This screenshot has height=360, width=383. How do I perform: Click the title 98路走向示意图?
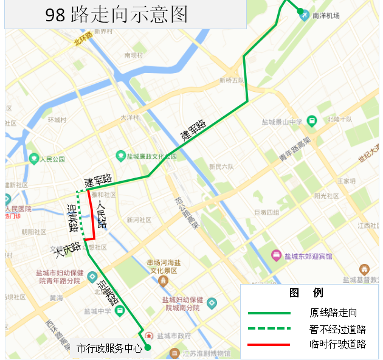pyautogui.click(x=117, y=15)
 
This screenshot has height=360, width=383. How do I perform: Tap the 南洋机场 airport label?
pyautogui.click(x=326, y=16)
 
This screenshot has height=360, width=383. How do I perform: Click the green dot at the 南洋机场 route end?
pyautogui.click(x=300, y=10)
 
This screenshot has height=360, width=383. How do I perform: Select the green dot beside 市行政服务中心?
pyautogui.click(x=147, y=348)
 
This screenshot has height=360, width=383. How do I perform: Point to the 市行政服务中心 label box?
pyautogui.click(x=109, y=348)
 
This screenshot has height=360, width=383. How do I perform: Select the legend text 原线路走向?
pyautogui.click(x=333, y=313)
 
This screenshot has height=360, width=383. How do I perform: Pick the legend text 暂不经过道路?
pyautogui.click(x=337, y=329)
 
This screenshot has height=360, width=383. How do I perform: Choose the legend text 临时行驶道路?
pyautogui.click(x=337, y=344)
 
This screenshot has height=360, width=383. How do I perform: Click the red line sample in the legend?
pyautogui.click(x=269, y=345)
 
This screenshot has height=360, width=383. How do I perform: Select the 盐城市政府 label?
pyautogui.click(x=174, y=336)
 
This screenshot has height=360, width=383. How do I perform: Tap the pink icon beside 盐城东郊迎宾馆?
pyautogui.click(x=277, y=255)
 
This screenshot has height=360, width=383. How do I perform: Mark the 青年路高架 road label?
pyautogui.click(x=295, y=149)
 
